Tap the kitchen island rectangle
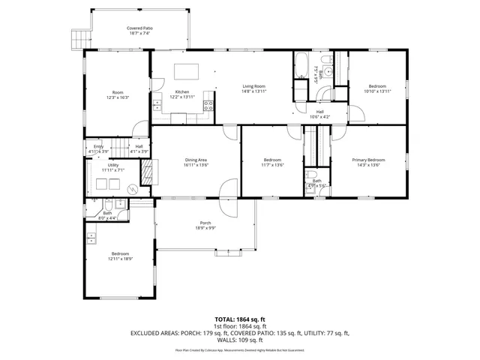click(x=187, y=71)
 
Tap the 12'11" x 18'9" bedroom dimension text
click(x=120, y=259)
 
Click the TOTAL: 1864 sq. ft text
click(x=239, y=319)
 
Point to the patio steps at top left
click(x=74, y=37)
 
